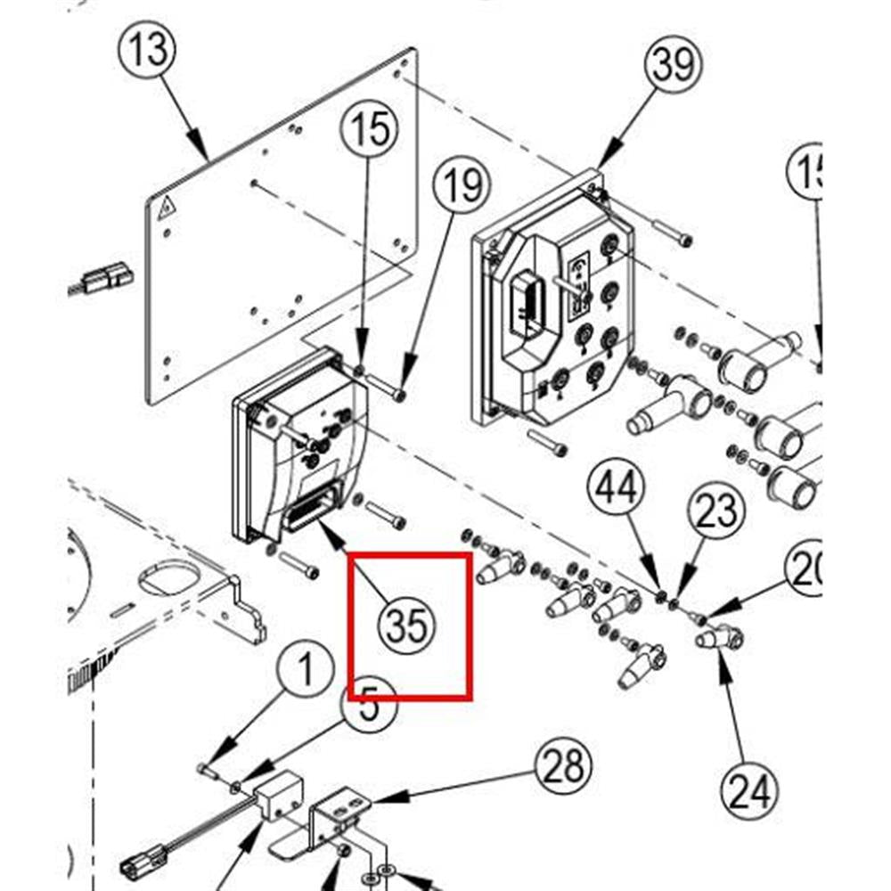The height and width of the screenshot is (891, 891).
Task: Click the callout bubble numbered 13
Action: pyautogui.click(x=149, y=48)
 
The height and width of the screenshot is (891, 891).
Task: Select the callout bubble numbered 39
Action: pyautogui.click(x=673, y=65)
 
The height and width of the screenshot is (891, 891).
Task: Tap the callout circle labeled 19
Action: pyautogui.click(x=462, y=188)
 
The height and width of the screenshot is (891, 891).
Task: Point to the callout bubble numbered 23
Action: pyautogui.click(x=716, y=511)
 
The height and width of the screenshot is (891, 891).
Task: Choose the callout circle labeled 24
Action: pyautogui.click(x=747, y=790)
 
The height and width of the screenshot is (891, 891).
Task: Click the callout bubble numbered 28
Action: pyautogui.click(x=564, y=766)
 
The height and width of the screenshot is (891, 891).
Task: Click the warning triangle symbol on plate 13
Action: pyautogui.click(x=166, y=211)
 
